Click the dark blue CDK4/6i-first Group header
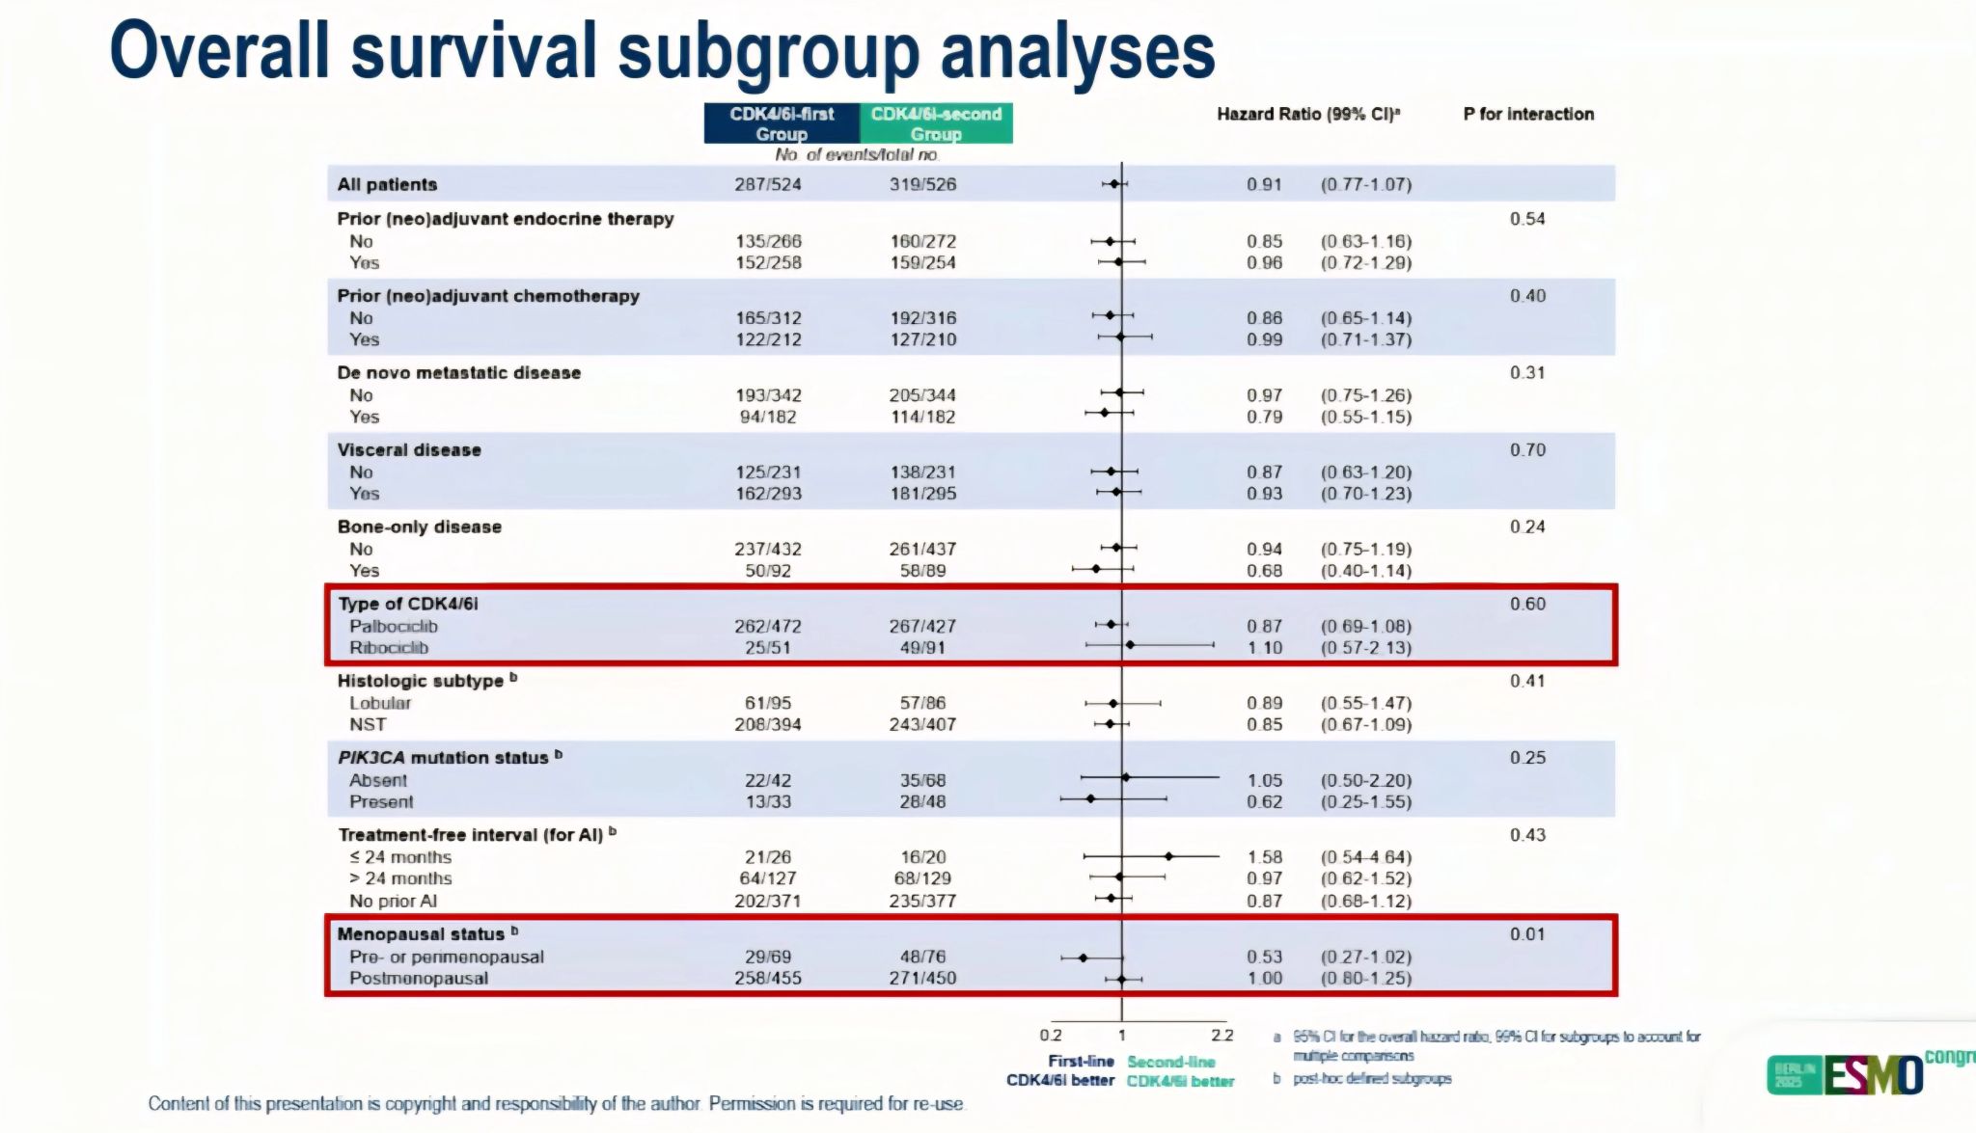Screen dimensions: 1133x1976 [x=781, y=123]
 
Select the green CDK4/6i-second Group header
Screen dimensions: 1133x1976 [x=935, y=123]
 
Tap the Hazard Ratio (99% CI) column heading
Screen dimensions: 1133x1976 [x=1307, y=114]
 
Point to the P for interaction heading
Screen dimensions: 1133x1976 [x=1527, y=114]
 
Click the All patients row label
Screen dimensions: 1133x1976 [x=387, y=184]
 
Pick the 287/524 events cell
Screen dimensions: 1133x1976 [x=767, y=184]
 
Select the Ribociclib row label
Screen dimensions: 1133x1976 [x=388, y=648]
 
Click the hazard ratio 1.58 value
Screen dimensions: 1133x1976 [x=1264, y=857]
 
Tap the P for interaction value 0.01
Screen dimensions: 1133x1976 [x=1527, y=933]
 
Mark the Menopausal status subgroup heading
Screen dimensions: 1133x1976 [x=421, y=933]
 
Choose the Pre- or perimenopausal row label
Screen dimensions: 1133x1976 [x=446, y=957]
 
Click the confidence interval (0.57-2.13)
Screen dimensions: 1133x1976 [x=1365, y=648]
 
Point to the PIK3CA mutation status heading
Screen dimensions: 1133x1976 [x=443, y=758]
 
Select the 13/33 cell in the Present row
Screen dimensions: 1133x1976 [x=767, y=801]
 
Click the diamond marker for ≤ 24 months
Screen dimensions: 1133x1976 [x=1168, y=856]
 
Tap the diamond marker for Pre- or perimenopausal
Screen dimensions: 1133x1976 [x=1083, y=958]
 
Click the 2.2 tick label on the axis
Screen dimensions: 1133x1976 [x=1221, y=1036]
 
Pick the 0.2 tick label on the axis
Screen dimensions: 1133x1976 [x=1050, y=1036]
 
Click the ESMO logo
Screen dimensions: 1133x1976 [x=1872, y=1074]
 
